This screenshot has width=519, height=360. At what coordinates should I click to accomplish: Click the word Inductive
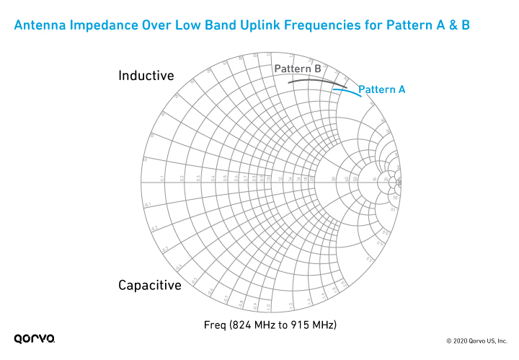tap(146, 76)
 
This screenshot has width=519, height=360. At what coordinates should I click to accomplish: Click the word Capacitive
tap(150, 286)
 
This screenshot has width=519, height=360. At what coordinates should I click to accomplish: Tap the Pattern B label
tap(297, 69)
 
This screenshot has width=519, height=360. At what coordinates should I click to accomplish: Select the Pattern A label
tap(382, 89)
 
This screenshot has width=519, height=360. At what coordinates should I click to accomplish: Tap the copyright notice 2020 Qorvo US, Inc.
tap(477, 339)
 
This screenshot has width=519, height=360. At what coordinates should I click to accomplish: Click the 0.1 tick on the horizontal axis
tap(162, 178)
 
